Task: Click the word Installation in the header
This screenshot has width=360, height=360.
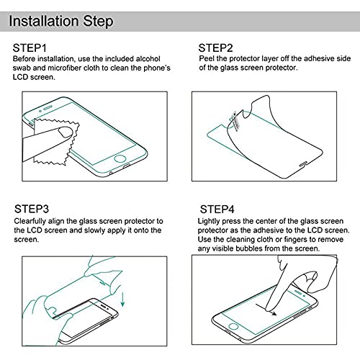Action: (45, 20)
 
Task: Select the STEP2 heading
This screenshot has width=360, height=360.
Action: (215, 48)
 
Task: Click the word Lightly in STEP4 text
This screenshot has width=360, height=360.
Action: (212, 221)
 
